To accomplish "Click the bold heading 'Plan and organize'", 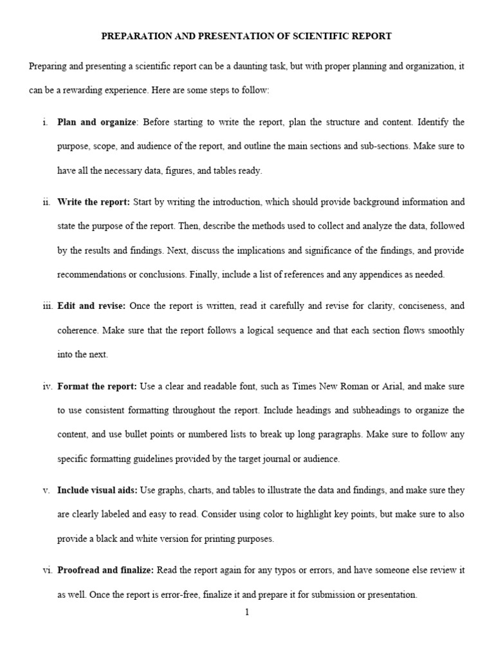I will coord(96,122).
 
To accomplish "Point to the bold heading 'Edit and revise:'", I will coord(91,306).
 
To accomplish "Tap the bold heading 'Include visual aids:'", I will coord(97,490).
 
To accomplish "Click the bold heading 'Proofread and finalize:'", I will coord(105,570).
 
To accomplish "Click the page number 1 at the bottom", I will coord(247,612).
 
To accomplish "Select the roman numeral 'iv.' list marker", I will coord(47,386).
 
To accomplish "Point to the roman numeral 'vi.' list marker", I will coord(47,570).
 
